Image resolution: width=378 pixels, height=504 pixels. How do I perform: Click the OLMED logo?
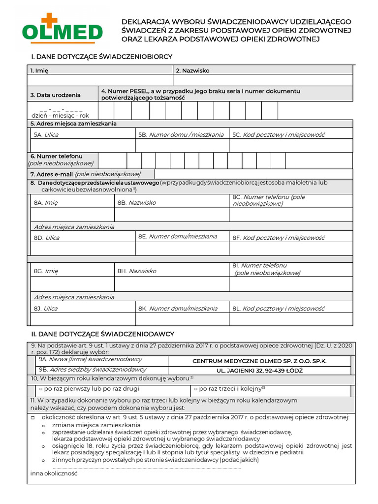pyautogui.click(x=63, y=29)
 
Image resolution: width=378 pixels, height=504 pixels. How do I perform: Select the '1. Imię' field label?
pyautogui.click(x=39, y=70)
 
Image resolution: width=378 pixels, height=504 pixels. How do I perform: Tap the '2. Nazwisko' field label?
pyautogui.click(x=192, y=70)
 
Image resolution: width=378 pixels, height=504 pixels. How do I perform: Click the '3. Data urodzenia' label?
pyautogui.click(x=55, y=95)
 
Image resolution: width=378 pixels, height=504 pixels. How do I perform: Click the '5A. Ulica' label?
pyautogui.click(x=46, y=134)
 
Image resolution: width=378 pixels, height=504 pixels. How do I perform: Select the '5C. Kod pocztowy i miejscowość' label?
pyautogui.click(x=279, y=134)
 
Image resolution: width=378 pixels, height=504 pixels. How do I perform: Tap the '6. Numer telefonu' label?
pyautogui.click(x=56, y=156)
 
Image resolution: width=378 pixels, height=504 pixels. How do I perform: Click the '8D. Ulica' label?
pyautogui.click(x=46, y=238)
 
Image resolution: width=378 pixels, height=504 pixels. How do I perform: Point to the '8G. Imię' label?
pyautogui.click(x=46, y=271)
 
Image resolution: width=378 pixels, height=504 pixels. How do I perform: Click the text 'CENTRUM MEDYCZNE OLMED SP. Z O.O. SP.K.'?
pyautogui.click(x=259, y=361)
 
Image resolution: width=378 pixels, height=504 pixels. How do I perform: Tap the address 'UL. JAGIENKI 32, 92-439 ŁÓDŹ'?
pyautogui.click(x=259, y=370)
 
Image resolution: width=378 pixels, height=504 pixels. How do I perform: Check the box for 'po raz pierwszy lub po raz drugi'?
pyautogui.click(x=41, y=389)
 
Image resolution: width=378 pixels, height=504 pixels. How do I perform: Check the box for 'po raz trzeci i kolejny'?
pyautogui.click(x=195, y=389)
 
